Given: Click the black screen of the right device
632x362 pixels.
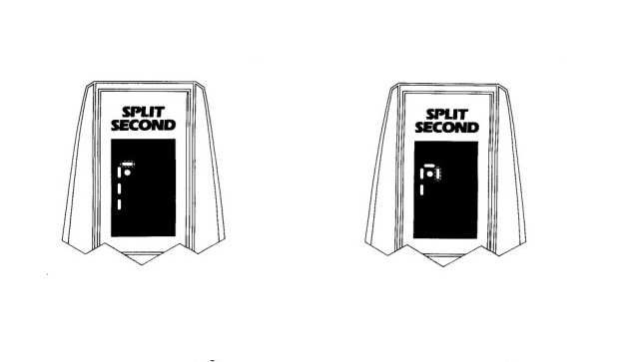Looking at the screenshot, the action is pyautogui.click(x=454, y=204).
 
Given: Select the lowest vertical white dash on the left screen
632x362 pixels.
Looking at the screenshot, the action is pyautogui.click(x=120, y=205).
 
